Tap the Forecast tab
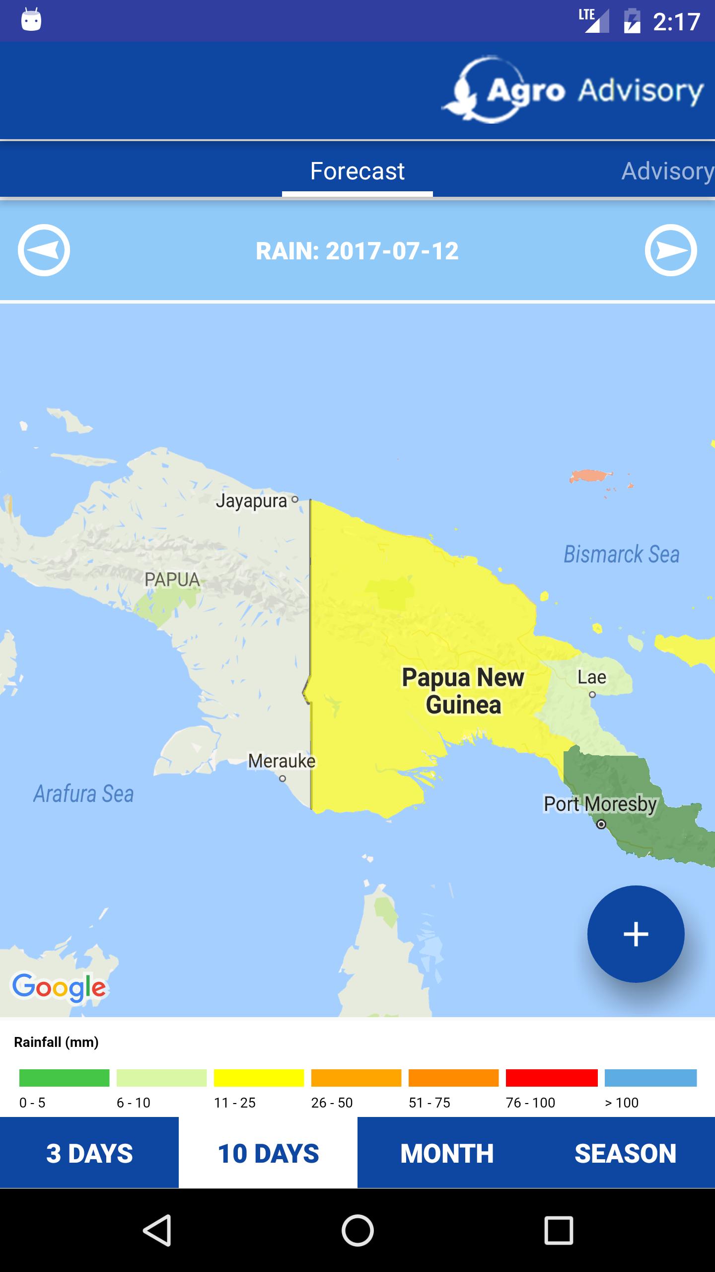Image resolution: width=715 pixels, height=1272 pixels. pos(357,171)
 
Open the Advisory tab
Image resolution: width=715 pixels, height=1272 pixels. pos(667,171)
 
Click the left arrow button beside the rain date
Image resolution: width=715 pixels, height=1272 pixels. pos(44,250)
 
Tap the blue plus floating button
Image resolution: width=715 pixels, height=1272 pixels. pos(636,934)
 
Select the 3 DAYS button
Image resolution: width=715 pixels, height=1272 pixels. pos(89,1153)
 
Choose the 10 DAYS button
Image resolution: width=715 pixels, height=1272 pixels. pos(268,1153)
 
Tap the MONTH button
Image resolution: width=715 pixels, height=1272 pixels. pos(447,1153)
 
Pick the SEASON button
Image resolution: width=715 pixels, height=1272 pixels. pos(626,1153)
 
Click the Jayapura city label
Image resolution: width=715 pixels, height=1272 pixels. pos(252,501)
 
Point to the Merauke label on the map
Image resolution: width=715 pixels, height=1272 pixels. pos(282,761)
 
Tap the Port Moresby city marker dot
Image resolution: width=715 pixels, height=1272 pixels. pos(601,824)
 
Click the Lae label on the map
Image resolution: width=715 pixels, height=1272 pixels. pos(591,677)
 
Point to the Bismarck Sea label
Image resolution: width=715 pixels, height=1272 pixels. pos(621,555)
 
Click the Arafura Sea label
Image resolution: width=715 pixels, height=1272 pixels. pos(83,794)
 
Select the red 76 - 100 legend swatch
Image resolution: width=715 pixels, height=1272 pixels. pos(551,1078)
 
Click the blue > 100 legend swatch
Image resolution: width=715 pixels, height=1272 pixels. pos(650,1078)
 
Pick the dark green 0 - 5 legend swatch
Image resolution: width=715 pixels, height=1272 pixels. pos(64,1078)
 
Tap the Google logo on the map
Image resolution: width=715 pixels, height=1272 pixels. pos(59,987)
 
